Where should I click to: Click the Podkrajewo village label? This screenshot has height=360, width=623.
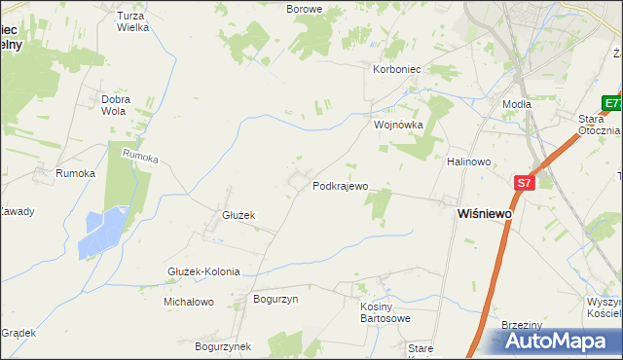[x=340, y=186]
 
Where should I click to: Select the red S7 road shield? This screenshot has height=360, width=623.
[x=525, y=182]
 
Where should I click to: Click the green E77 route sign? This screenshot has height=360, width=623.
[x=611, y=103]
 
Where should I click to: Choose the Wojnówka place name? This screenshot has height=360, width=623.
[x=399, y=126]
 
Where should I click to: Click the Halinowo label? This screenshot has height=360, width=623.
[x=467, y=162]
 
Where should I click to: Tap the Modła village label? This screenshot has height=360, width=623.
[x=516, y=103]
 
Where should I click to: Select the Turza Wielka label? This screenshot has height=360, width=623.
[x=131, y=21]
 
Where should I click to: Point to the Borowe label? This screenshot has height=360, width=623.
[x=304, y=9]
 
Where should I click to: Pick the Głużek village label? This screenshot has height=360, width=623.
[x=238, y=216]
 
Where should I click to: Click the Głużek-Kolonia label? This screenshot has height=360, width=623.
[x=203, y=272]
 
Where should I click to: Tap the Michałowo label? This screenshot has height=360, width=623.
[x=189, y=302]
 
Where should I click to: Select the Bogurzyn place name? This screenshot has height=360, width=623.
[x=275, y=300]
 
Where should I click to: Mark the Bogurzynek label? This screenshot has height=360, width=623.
[x=223, y=345]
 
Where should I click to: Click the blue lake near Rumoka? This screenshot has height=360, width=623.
[x=105, y=232]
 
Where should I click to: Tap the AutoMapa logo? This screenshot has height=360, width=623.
[x=556, y=342]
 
